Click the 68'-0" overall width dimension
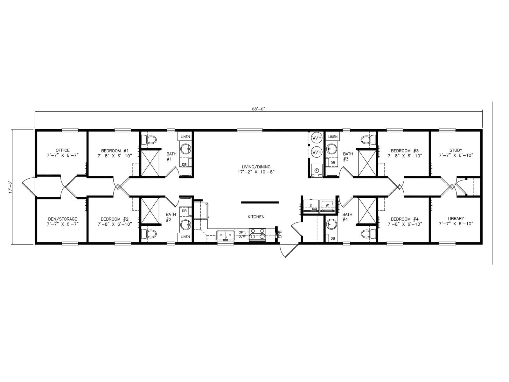coord(258,109)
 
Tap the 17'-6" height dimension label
coord(10,187)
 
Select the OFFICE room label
coord(63,150)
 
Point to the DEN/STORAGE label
coord(63,219)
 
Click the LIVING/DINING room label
coord(256,167)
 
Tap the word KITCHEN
coord(256,217)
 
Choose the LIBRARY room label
coord(456,218)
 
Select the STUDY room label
coord(456,150)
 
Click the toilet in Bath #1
coord(149,140)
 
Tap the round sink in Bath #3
coord(331,149)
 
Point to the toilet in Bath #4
coord(368,233)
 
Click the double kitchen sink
coord(226,236)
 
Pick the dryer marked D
coord(311,206)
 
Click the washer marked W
coord(327,206)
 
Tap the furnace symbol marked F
coord(317,171)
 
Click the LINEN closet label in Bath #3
coord(333,137)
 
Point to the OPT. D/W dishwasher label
coord(242,235)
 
